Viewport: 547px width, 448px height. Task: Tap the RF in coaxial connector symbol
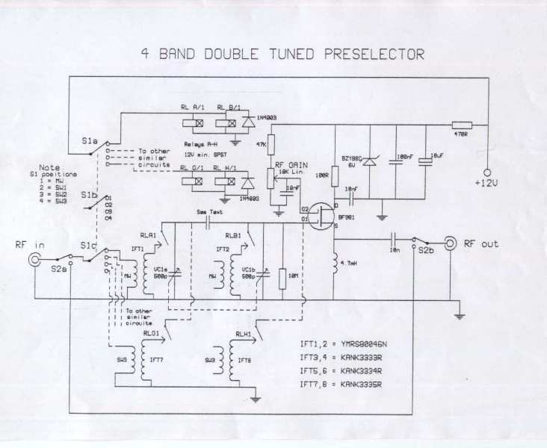point(35,260)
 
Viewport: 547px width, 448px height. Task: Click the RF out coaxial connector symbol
point(451,243)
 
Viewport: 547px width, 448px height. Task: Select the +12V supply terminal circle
point(486,172)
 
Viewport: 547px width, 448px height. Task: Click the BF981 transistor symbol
point(323,214)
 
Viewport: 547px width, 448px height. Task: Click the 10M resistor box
point(282,278)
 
